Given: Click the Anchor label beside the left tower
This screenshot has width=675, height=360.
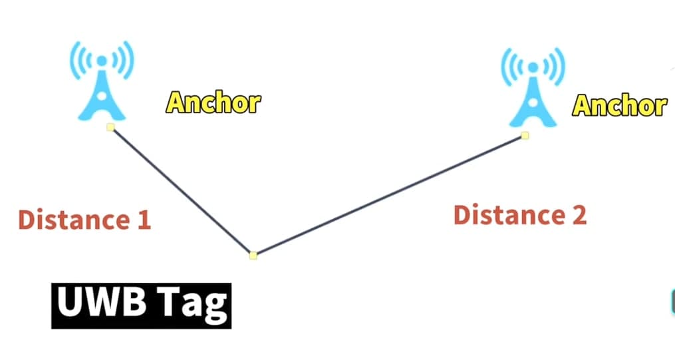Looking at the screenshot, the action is click(213, 102).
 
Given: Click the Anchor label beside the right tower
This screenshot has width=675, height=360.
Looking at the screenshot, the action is click(619, 105).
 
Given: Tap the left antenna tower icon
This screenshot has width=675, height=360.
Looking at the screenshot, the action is click(102, 81).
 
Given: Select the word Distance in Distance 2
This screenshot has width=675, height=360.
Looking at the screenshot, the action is click(503, 214).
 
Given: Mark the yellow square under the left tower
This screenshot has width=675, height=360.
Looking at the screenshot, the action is click(110, 127).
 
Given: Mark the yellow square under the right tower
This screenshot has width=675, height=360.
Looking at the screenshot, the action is click(525, 136).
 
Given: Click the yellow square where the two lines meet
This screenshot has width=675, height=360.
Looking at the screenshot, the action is click(253, 256).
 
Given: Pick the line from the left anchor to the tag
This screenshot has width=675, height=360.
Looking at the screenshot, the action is click(182, 191).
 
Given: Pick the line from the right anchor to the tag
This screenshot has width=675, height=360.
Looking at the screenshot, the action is click(389, 196).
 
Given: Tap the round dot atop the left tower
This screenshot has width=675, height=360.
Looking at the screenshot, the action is click(102, 61).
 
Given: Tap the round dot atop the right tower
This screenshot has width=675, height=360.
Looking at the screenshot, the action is click(533, 67).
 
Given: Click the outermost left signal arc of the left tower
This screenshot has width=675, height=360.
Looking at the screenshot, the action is click(75, 61).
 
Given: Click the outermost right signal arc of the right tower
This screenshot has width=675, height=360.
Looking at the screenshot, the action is click(560, 67).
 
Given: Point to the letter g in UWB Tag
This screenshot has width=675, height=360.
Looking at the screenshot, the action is click(215, 308).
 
